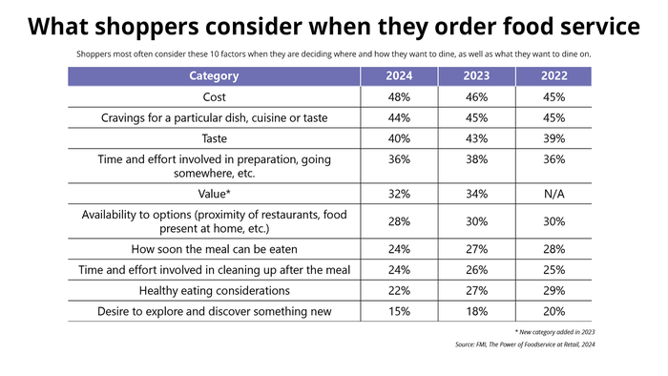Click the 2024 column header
[x=400, y=75]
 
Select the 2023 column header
[x=477, y=75]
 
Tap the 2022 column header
[x=553, y=75]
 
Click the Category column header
[x=214, y=75]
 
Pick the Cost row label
[x=214, y=97]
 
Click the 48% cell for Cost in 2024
[x=400, y=97]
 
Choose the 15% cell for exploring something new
[x=400, y=311]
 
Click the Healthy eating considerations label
[x=214, y=290]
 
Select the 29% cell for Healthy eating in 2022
[x=553, y=290]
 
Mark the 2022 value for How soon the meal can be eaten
[x=553, y=250]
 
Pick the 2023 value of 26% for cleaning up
[x=477, y=270]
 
